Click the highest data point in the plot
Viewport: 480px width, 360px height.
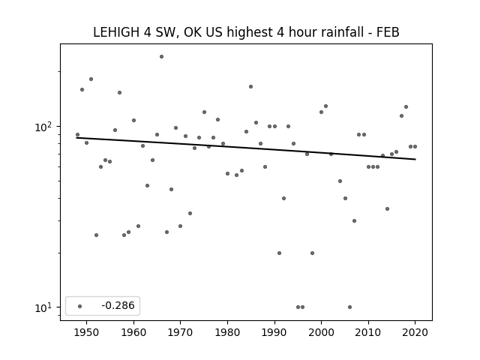click(x=161, y=57)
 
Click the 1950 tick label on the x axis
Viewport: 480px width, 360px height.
click(x=87, y=332)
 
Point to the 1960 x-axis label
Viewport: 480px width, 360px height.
click(x=133, y=332)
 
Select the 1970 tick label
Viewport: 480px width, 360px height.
click(x=180, y=332)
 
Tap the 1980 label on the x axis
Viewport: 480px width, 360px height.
click(x=227, y=332)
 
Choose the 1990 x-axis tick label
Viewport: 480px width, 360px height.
click(x=274, y=332)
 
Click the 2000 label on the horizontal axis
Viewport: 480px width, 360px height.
click(x=322, y=332)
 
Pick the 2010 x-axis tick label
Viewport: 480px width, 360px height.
click(x=368, y=332)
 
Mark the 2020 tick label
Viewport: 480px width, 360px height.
click(x=415, y=332)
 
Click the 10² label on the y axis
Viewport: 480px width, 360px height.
click(x=43, y=127)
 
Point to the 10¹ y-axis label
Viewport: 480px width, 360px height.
click(x=43, y=307)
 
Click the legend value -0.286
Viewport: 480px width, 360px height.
click(x=118, y=305)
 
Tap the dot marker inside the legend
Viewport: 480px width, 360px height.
click(x=80, y=306)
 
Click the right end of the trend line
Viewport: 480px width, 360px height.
click(x=415, y=159)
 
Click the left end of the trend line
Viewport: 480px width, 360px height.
click(x=76, y=138)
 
